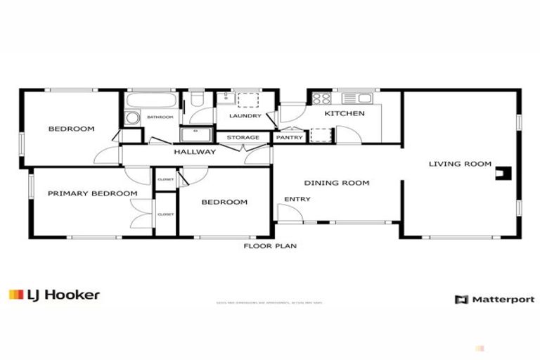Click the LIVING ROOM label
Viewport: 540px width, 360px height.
click(x=460, y=164)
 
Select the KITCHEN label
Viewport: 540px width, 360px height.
click(x=345, y=113)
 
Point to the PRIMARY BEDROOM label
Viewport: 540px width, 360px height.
click(x=92, y=193)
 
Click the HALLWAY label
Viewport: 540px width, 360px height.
click(x=195, y=151)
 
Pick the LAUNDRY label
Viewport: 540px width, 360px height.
click(x=245, y=116)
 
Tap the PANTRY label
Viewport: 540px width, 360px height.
click(x=289, y=137)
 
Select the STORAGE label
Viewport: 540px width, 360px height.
click(x=243, y=137)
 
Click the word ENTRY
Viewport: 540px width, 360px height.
click(x=297, y=199)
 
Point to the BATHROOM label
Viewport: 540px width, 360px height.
click(x=160, y=117)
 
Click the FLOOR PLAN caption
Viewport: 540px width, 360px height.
click(x=270, y=246)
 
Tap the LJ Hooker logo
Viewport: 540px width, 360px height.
click(x=54, y=295)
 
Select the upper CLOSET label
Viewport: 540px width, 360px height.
click(x=166, y=179)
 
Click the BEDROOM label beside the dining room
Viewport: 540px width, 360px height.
click(x=224, y=202)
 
